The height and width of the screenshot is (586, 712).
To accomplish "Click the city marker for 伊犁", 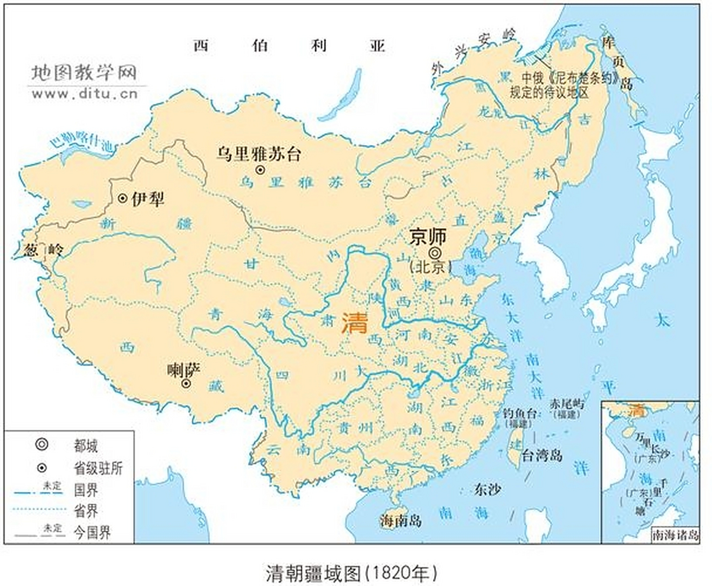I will (122, 198).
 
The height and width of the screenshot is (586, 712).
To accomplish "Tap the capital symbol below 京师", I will (433, 252).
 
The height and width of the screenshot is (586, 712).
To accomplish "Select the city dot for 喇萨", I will (186, 384).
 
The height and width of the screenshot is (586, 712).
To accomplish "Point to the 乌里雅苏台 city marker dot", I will (260, 170).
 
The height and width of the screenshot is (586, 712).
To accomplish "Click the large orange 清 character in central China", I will (355, 323).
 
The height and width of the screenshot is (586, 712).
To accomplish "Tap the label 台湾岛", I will (542, 455).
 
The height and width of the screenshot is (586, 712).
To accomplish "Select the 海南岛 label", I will (400, 520).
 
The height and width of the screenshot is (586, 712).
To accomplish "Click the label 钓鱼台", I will (519, 413).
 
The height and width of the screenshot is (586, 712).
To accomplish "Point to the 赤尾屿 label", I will (567, 403).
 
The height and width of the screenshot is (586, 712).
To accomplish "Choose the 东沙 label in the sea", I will (488, 489).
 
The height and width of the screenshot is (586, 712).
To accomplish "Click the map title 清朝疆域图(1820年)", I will (351, 572).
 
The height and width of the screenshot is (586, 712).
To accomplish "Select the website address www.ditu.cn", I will (85, 94).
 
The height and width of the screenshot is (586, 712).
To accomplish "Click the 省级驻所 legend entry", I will (98, 468).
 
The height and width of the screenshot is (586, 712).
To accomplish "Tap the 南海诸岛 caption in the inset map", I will (675, 535).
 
